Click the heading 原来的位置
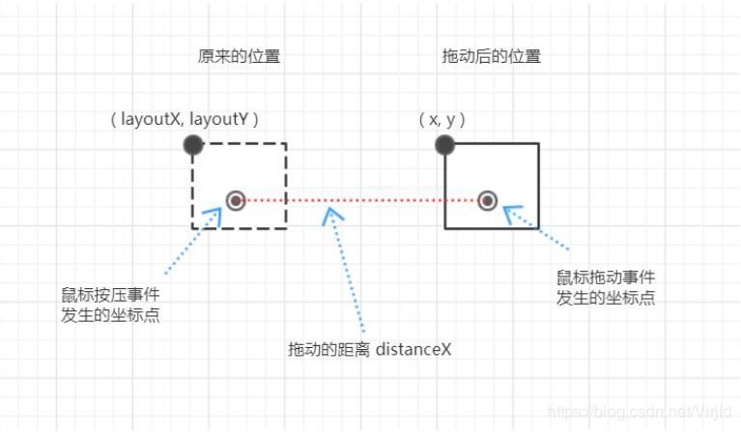click(x=239, y=56)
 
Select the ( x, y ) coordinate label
click(x=442, y=120)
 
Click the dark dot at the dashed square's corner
click(x=193, y=145)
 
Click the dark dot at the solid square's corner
click(x=444, y=145)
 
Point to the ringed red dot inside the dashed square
click(x=236, y=201)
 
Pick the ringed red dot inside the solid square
click(x=488, y=201)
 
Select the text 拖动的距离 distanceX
click(x=370, y=348)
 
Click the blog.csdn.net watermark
click(x=638, y=413)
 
